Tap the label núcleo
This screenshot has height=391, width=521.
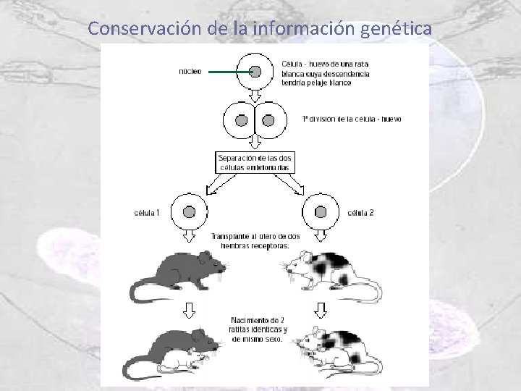click(190, 71)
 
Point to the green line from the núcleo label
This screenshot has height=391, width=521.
click(229, 71)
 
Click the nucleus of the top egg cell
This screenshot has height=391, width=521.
click(255, 71)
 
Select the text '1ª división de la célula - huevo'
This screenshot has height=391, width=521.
click(351, 119)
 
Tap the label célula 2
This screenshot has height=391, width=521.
click(361, 213)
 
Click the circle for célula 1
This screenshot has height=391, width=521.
click(190, 212)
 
